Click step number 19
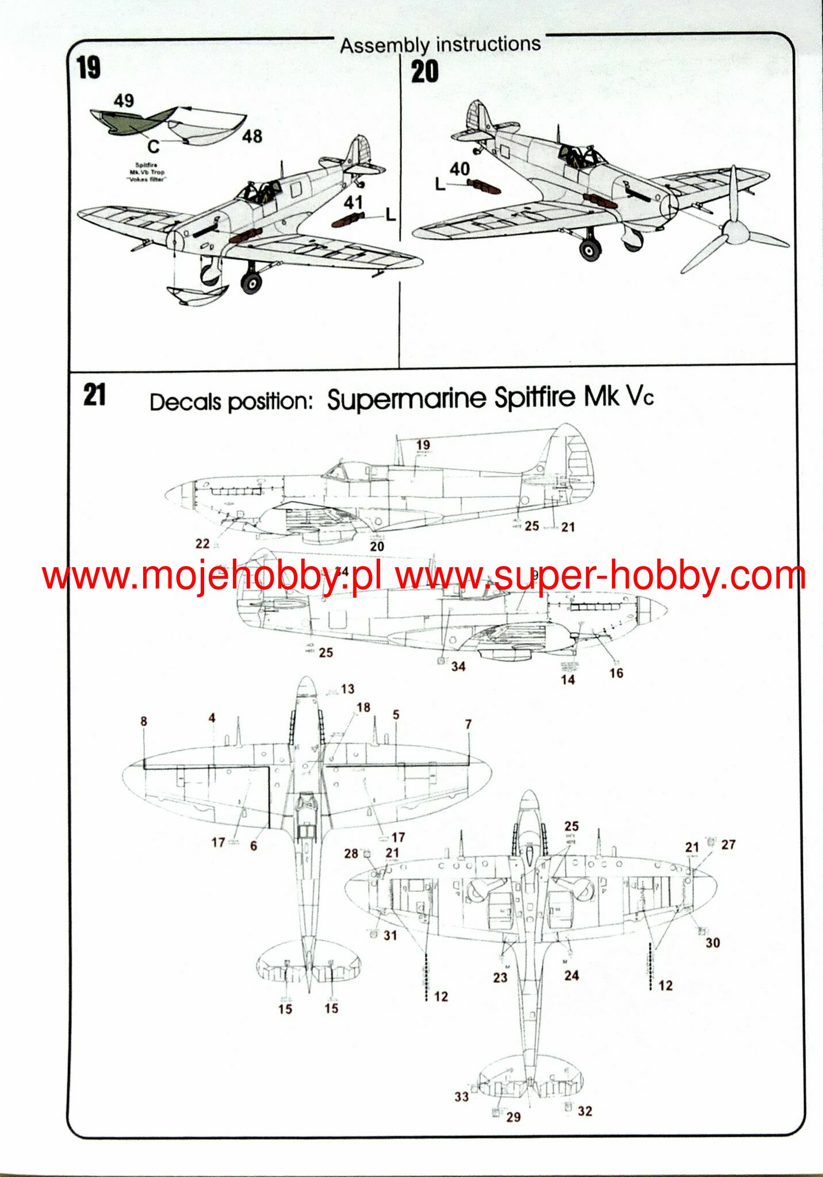[89, 68]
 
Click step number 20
[424, 72]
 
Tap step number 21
[94, 395]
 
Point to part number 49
[124, 101]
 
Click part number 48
[252, 136]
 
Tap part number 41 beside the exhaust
[353, 202]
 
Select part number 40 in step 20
[460, 169]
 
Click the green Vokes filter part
[130, 122]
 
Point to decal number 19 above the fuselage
[423, 445]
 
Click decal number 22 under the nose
[202, 544]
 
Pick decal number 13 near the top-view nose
[347, 688]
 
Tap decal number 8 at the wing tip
[144, 721]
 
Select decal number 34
[458, 667]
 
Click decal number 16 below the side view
[616, 673]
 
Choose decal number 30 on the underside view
[713, 943]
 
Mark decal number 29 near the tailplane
[513, 1117]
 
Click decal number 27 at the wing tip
[728, 844]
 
